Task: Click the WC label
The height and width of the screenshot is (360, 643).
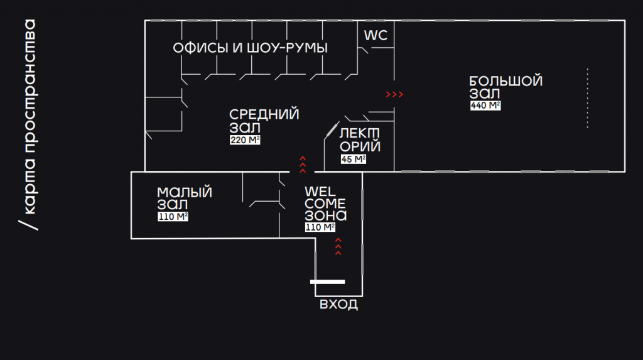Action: (x=376, y=36)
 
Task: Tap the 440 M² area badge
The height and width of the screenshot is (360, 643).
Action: (x=485, y=106)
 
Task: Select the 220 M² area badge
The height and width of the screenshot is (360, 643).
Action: (x=245, y=140)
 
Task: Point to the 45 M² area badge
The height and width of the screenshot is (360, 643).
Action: (x=353, y=159)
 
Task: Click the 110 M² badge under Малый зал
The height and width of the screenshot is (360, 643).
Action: (x=173, y=217)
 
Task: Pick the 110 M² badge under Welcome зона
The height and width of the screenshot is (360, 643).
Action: (x=320, y=227)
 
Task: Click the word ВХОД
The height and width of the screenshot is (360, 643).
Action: (x=339, y=305)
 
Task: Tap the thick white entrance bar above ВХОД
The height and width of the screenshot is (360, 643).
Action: (x=328, y=281)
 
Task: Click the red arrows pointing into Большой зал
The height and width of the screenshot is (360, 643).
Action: (x=394, y=95)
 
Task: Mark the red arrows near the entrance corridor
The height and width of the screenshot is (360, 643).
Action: (x=338, y=246)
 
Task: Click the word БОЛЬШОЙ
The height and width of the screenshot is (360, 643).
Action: (x=505, y=82)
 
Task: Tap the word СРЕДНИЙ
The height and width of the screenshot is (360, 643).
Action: (x=264, y=114)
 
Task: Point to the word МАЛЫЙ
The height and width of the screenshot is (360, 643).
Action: (x=184, y=192)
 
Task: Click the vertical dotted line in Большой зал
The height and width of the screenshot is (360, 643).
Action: (x=588, y=99)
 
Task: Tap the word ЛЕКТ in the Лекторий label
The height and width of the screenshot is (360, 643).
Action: (x=359, y=134)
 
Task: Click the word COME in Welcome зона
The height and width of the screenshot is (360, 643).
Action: (x=325, y=204)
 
